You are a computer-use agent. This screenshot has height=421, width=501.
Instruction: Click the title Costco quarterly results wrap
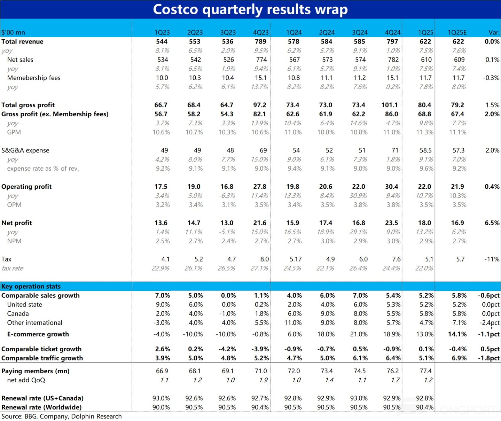click(x=250, y=9)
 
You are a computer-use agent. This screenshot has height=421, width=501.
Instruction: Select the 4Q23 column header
click(x=261, y=32)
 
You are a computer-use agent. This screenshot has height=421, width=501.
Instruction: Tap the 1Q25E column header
click(x=457, y=32)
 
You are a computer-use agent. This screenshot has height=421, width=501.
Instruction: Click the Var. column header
click(x=494, y=32)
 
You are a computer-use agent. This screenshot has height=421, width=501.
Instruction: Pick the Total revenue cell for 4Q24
click(x=392, y=41)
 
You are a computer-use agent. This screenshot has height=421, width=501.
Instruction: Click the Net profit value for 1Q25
click(x=424, y=223)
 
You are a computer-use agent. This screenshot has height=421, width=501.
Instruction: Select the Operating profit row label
click(x=26, y=187)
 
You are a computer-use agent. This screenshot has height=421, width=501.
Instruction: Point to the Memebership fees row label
click(x=34, y=78)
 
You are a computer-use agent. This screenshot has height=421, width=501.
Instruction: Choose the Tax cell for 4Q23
click(x=264, y=259)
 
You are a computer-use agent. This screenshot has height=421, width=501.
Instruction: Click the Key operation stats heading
click(x=31, y=287)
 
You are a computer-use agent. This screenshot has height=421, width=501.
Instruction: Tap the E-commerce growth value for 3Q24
click(x=359, y=334)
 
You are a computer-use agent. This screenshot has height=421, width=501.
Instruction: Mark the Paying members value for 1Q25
click(x=425, y=371)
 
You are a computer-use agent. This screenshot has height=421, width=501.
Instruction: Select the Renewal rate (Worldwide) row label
click(x=41, y=407)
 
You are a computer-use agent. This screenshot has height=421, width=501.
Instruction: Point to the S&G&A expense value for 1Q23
click(x=164, y=150)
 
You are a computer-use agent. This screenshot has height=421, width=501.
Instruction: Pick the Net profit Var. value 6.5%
click(x=492, y=223)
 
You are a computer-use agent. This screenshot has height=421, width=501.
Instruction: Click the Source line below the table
click(x=62, y=416)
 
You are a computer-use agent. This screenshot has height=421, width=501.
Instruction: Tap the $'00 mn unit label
click(x=13, y=32)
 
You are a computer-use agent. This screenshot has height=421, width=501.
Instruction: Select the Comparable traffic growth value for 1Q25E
click(x=459, y=358)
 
